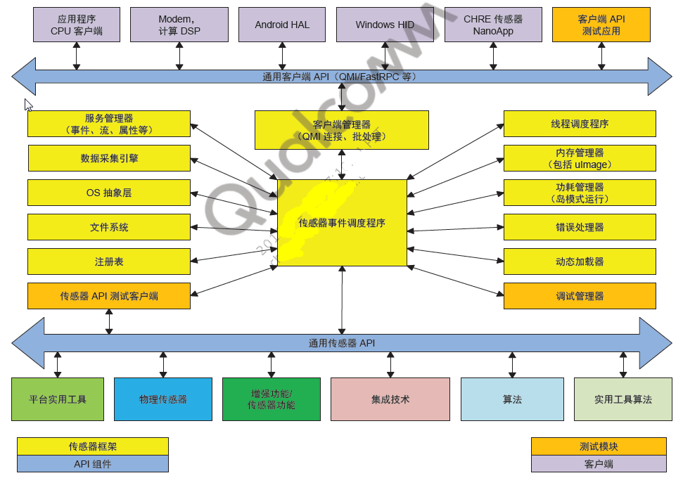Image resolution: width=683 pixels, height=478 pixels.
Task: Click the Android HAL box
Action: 282,25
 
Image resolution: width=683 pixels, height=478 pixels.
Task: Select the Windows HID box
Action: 385,25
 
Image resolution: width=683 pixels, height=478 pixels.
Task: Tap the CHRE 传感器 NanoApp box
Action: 493,25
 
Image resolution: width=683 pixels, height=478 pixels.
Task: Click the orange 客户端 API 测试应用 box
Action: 601,25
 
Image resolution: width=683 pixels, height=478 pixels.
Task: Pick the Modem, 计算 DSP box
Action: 179,25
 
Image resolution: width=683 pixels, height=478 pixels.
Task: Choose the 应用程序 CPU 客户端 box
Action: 77,25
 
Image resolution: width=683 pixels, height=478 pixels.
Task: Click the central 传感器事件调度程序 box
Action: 342,223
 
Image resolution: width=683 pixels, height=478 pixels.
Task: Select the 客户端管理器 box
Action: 341,130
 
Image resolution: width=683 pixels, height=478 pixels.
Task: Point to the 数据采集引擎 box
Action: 109,158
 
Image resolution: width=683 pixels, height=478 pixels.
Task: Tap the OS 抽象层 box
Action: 109,193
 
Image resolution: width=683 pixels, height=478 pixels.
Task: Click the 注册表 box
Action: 109,261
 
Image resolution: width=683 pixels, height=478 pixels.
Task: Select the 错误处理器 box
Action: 580,227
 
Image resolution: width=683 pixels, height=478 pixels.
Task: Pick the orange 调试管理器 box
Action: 580,296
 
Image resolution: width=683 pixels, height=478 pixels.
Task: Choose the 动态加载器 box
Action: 580,261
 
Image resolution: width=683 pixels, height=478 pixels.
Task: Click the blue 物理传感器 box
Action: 163,399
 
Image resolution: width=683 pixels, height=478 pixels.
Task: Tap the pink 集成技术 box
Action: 390,399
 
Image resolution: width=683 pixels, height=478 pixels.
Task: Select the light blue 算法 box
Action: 512,399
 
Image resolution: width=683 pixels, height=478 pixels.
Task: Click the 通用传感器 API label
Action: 342,343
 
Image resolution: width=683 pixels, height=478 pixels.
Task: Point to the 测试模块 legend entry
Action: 599,446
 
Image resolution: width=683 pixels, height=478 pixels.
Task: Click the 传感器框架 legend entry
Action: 93,446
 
